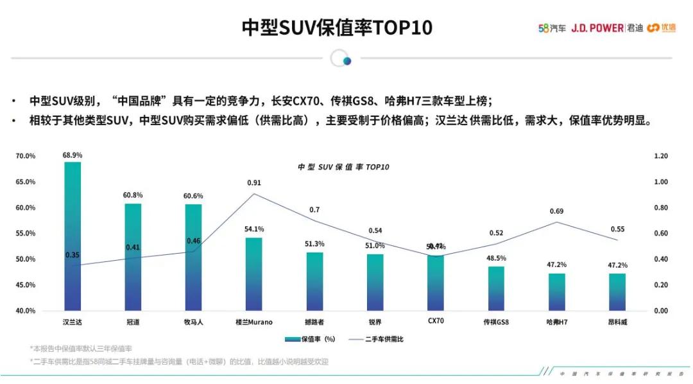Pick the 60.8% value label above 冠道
pyautogui.click(x=133, y=195)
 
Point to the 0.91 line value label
pyautogui.click(x=254, y=183)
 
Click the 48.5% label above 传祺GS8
pyautogui.click(x=496, y=257)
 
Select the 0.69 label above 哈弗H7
pyautogui.click(x=556, y=211)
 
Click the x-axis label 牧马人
pyautogui.click(x=193, y=322)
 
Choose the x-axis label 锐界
pyautogui.click(x=375, y=322)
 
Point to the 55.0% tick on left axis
pyautogui.click(x=26, y=233)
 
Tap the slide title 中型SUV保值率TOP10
pyautogui.click(x=336, y=28)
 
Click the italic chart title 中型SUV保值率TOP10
pyautogui.click(x=343, y=166)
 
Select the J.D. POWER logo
pyautogui.click(x=597, y=28)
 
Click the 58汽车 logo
pyautogui.click(x=551, y=28)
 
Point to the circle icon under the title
pyautogui.click(x=341, y=58)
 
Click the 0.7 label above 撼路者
pyautogui.click(x=314, y=210)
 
